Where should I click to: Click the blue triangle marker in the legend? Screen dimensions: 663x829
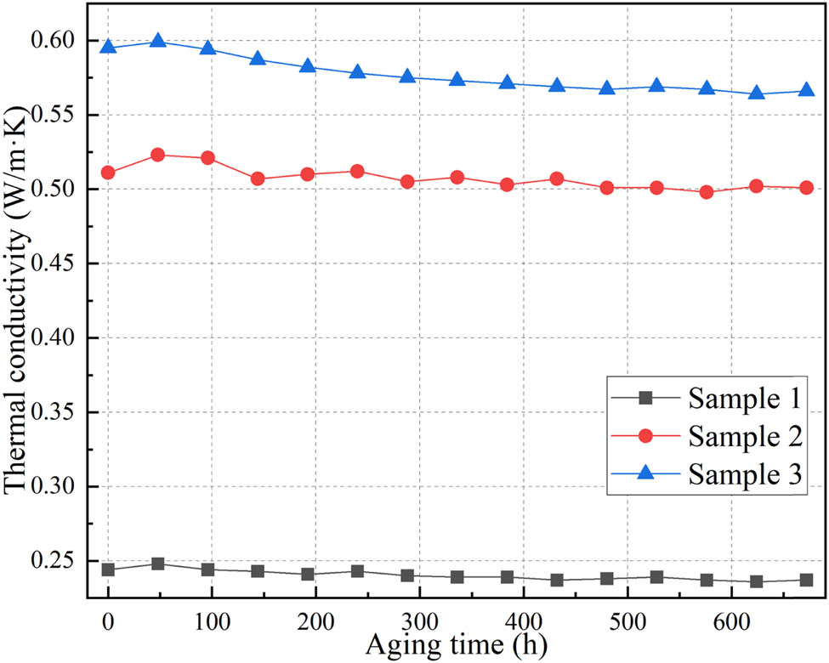point(645,474)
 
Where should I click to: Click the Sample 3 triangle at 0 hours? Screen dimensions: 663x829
point(108,47)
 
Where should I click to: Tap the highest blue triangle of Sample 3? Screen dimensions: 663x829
point(157,41)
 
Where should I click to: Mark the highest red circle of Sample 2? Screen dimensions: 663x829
point(157,155)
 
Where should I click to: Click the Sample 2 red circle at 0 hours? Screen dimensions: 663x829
point(108,173)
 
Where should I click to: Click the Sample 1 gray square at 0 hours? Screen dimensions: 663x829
point(108,569)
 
